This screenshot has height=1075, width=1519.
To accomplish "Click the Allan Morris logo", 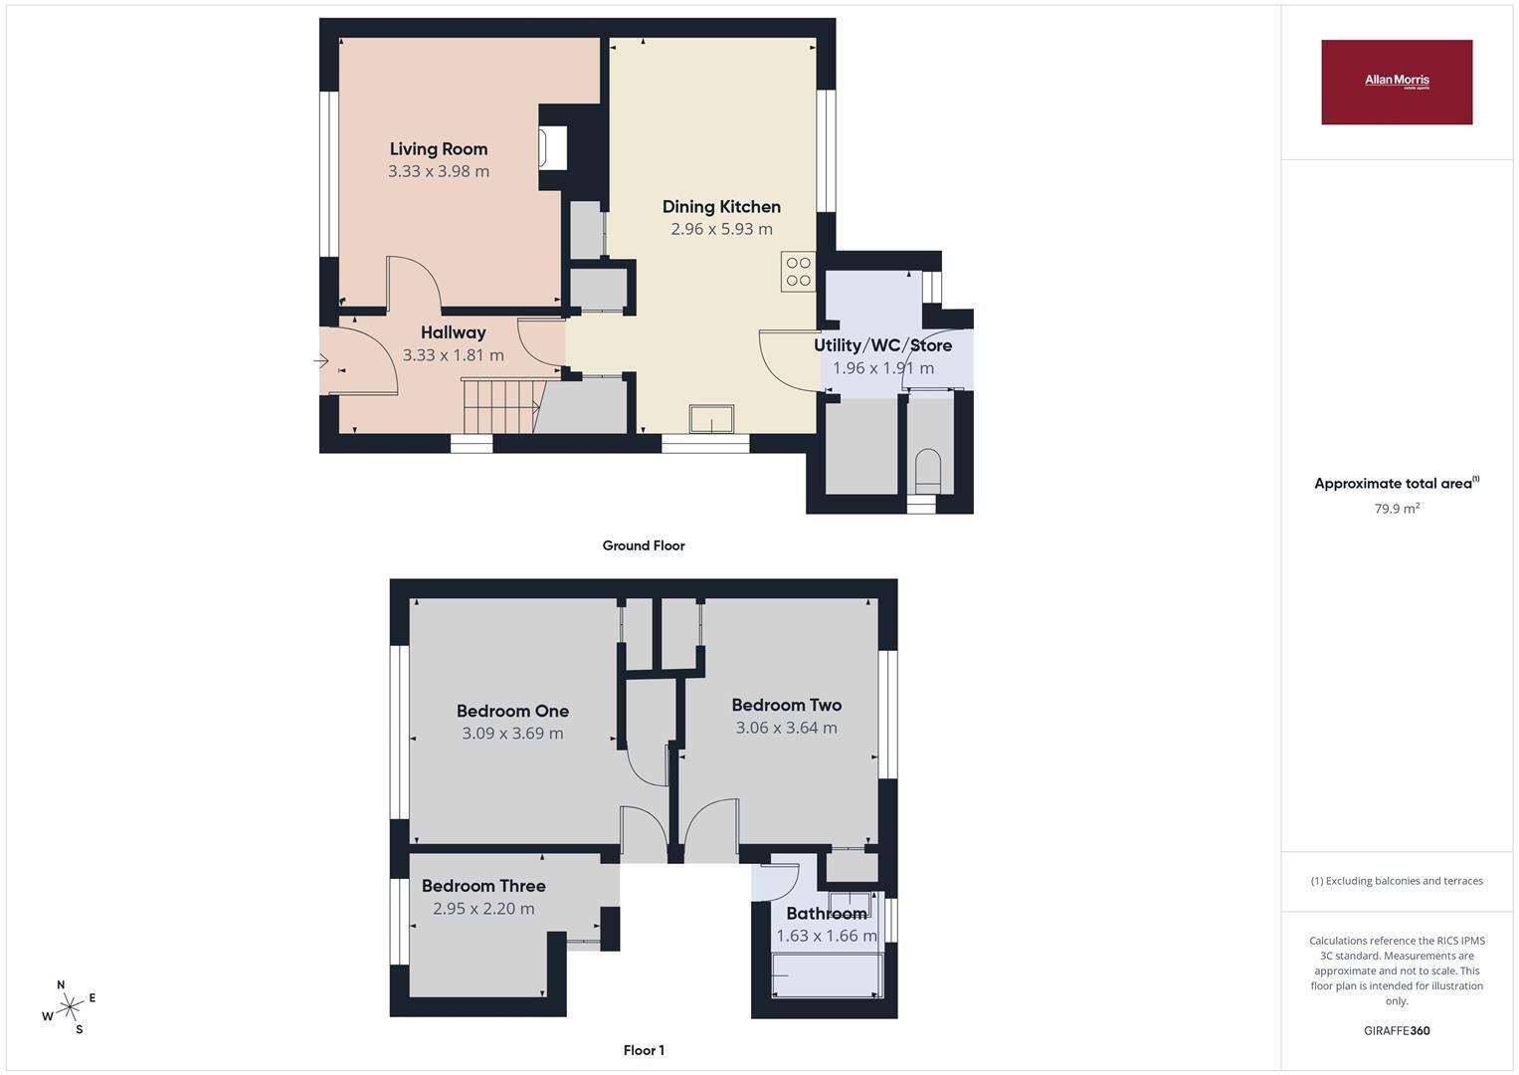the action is point(1397,82).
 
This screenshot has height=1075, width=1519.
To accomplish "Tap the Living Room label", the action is point(438,148).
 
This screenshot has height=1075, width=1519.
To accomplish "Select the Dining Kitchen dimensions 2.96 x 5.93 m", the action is point(721,229).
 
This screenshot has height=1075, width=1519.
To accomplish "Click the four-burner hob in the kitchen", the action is point(798,272).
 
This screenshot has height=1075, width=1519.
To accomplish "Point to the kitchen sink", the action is point(711,418).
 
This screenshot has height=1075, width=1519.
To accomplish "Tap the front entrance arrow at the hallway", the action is point(321,361).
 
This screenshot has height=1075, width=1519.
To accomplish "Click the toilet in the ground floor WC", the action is point(927,471).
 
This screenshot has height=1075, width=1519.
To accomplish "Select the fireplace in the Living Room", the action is point(553,148).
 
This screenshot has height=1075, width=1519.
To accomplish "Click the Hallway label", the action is point(453,332).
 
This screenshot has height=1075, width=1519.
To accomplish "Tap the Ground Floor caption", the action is point(644,545).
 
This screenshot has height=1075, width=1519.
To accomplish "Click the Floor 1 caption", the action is point(644,1050).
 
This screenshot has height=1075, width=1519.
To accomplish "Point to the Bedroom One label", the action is point(512,711).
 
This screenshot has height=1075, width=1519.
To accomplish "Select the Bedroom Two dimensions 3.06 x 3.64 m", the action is point(786,728).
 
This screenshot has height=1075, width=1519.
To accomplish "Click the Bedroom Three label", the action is point(483,886).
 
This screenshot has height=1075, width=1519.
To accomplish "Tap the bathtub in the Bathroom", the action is point(828,975).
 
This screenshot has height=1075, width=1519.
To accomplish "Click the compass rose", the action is point(70,1007).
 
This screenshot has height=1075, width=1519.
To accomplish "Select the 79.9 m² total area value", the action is point(1397,509).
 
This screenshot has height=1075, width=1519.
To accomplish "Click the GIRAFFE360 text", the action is point(1397,1030).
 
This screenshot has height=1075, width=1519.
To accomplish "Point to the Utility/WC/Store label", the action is point(882,345).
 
